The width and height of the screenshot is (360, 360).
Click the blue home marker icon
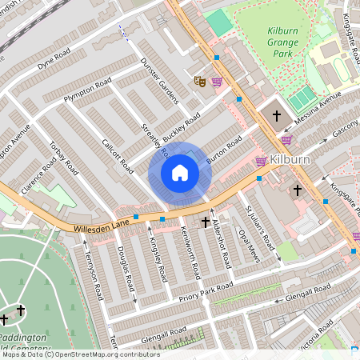point(180,173)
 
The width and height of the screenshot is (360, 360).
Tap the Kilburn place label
point(289,159)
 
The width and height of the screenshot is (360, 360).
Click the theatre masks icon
point(200,81)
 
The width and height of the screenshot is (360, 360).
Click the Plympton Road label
point(87,92)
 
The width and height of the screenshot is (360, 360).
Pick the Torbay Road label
point(62,158)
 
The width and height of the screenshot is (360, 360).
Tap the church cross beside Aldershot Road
point(206,222)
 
